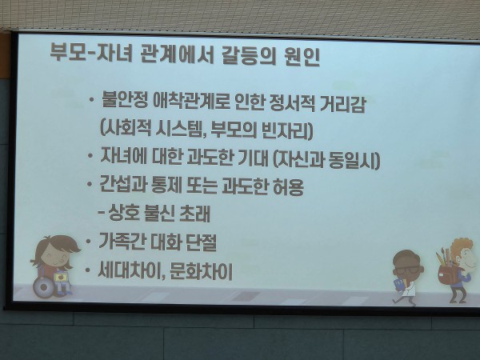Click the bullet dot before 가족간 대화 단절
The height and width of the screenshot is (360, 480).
[89, 242]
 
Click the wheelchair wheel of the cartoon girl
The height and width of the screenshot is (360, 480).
[44, 287]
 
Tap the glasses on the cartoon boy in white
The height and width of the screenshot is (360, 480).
[409, 270]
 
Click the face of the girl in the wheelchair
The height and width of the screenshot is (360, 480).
[55, 257]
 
